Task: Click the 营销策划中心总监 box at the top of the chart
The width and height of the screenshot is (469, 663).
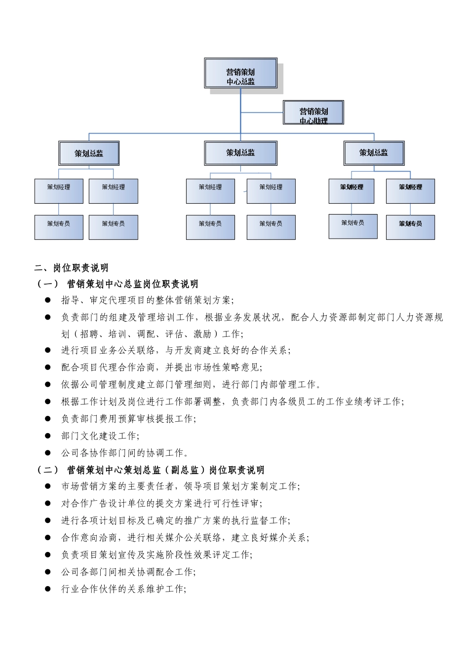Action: [x=240, y=74]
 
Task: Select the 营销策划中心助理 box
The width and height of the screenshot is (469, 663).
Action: [x=313, y=113]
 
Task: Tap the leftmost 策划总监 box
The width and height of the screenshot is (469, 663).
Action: [x=89, y=153]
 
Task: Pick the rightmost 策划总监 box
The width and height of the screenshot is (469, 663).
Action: [x=374, y=153]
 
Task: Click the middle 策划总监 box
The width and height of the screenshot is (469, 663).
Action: [x=240, y=153]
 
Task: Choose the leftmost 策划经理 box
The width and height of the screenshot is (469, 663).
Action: [x=59, y=191]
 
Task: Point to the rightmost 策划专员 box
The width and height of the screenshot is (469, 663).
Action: [x=410, y=227]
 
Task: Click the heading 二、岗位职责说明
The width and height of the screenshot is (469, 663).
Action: [x=72, y=268]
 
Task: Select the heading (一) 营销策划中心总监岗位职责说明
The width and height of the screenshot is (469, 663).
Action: [x=117, y=284]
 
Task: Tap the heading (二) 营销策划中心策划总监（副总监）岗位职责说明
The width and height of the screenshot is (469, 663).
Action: [x=151, y=470]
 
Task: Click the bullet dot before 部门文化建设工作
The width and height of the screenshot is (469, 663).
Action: [x=48, y=436]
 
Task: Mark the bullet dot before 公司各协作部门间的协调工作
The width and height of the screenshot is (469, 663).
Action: [x=48, y=452]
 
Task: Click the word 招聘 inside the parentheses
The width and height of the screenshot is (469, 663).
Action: [x=89, y=334]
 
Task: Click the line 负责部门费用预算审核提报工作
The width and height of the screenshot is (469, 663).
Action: [x=128, y=419]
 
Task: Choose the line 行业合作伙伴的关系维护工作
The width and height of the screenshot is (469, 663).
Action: [x=123, y=589]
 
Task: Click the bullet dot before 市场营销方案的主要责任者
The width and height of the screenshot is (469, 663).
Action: [x=48, y=486]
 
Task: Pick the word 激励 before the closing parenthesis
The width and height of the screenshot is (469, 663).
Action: [x=202, y=334]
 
